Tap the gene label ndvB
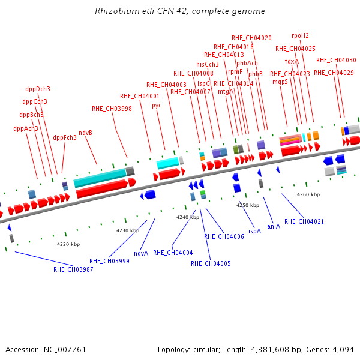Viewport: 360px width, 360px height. point(85,133)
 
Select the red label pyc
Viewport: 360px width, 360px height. point(157,106)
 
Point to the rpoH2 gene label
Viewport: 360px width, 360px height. point(300,35)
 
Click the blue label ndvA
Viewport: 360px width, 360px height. point(141,253)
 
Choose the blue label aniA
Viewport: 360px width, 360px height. point(274,226)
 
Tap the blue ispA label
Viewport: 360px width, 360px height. point(254,231)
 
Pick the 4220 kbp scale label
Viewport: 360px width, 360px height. point(68,244)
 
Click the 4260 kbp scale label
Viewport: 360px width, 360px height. point(308,194)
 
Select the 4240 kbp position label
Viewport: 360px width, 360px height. point(188,217)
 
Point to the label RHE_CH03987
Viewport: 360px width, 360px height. point(73,269)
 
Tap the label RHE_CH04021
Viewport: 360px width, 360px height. point(304,221)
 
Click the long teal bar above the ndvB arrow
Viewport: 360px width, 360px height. point(100,178)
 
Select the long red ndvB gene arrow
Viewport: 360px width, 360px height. point(102,189)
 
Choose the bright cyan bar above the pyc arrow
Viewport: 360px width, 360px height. point(168,163)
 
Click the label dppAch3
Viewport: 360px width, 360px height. point(26,128)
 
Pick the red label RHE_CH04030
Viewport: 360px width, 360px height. point(336,60)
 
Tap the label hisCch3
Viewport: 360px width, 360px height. point(208,64)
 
